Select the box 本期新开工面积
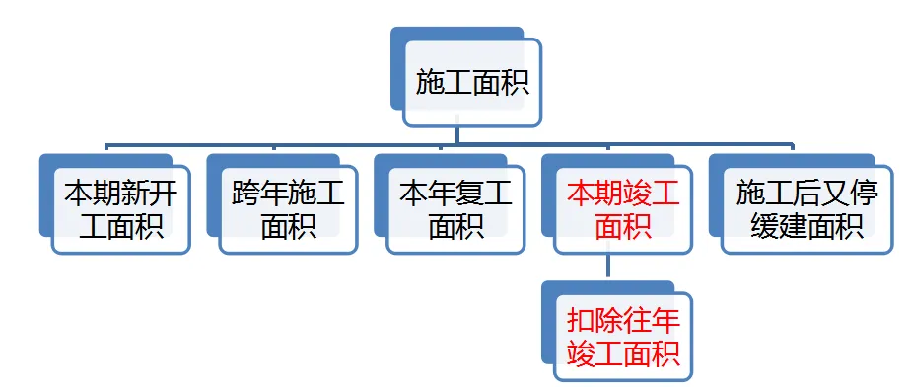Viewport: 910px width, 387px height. tap(120, 209)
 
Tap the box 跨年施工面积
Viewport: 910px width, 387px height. tap(288, 209)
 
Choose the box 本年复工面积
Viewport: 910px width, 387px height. tap(455, 209)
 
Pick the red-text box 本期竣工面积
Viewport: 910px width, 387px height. tap(623, 209)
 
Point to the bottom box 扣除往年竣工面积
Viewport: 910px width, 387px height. tap(623, 336)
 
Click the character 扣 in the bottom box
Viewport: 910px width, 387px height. tap(582, 320)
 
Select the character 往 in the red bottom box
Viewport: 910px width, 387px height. tap(638, 320)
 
